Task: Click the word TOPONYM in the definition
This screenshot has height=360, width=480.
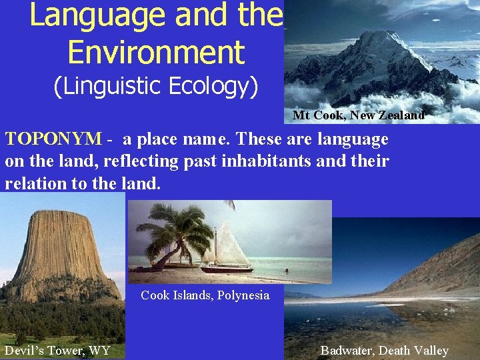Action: point(53,140)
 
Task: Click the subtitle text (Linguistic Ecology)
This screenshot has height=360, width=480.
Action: point(156,87)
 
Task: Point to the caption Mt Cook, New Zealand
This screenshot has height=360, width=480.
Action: point(358,115)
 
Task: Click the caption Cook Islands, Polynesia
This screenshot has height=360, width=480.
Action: point(205,295)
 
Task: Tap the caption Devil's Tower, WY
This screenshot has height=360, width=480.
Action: point(57,351)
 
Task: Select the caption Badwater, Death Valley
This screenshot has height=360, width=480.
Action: point(384,351)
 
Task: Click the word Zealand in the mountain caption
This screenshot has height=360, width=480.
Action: point(401,115)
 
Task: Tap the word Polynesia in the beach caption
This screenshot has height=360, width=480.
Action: point(243,295)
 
